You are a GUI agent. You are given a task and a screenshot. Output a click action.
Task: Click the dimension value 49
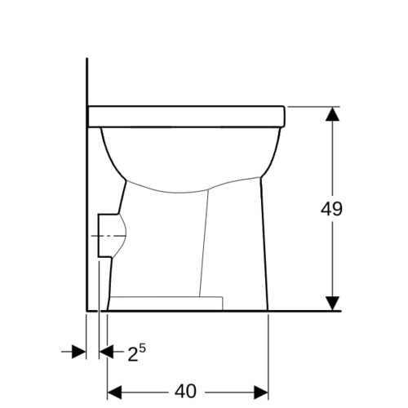click(x=330, y=208)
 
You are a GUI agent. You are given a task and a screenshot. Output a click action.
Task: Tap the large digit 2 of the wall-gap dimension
click(x=132, y=353)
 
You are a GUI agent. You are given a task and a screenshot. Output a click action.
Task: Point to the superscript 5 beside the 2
click(x=142, y=348)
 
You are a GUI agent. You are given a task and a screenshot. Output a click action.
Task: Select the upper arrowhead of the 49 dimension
click(x=330, y=115)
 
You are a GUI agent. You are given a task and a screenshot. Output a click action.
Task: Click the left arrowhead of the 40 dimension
click(x=115, y=391)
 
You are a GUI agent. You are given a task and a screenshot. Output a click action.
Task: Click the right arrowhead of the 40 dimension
click(x=261, y=391)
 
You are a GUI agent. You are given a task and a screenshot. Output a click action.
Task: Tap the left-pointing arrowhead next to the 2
click(x=106, y=351)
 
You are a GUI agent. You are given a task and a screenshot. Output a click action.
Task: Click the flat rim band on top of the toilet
click(x=186, y=116)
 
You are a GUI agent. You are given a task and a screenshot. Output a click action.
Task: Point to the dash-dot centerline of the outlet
click(x=101, y=235)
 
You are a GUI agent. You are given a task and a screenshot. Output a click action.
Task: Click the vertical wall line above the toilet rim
click(x=86, y=82)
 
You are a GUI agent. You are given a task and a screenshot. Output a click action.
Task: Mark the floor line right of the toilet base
click(x=302, y=311)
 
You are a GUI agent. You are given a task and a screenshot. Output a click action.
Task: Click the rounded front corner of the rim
click(x=283, y=122)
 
